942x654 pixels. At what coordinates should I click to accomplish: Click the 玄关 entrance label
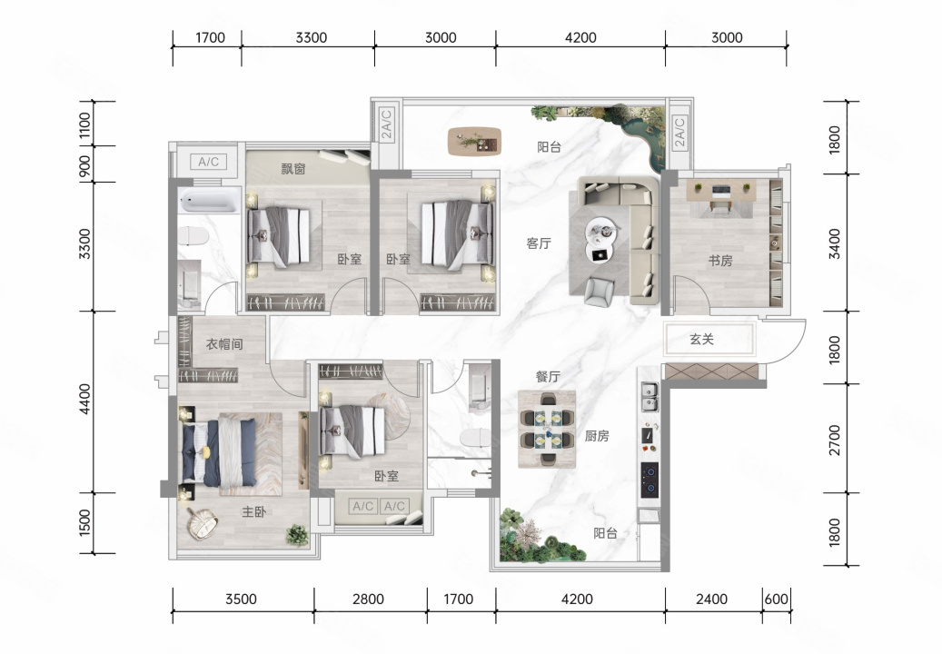701,340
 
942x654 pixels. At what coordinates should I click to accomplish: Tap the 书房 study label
720,261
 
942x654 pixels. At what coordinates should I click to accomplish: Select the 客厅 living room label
539,243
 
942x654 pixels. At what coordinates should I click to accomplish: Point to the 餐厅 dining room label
548,377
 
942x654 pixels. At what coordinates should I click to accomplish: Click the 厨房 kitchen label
597,436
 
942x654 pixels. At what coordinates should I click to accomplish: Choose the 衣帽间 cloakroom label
224,344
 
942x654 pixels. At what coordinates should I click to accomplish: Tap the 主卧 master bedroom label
254,511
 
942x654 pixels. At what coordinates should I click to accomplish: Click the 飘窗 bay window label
293,169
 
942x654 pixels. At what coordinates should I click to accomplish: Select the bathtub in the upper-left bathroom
210,201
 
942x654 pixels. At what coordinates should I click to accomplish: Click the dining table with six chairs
547,429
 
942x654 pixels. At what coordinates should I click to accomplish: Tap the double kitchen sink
649,397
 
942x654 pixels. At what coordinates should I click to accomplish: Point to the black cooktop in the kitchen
649,480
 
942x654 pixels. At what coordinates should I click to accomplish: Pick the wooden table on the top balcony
474,142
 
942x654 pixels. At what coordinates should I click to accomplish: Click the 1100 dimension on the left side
85,125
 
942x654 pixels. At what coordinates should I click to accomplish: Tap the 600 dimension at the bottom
776,599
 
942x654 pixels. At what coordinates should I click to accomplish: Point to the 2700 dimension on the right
835,440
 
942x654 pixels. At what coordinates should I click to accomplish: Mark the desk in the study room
721,190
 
